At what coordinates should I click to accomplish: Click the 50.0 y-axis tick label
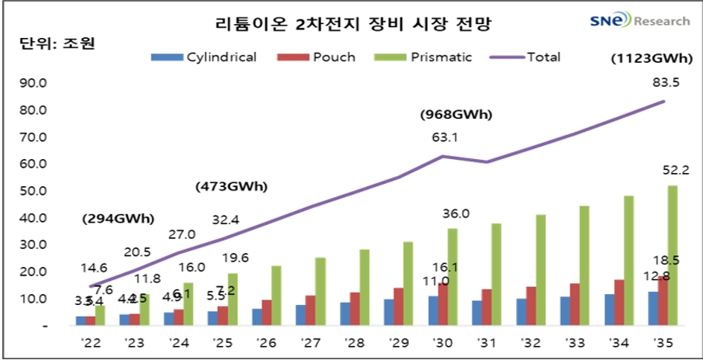(x=36, y=191)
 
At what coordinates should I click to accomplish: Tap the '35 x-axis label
(x=663, y=342)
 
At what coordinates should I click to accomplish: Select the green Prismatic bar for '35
(x=672, y=255)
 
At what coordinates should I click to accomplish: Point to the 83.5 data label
(x=666, y=83)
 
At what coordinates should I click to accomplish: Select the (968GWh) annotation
(x=456, y=115)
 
